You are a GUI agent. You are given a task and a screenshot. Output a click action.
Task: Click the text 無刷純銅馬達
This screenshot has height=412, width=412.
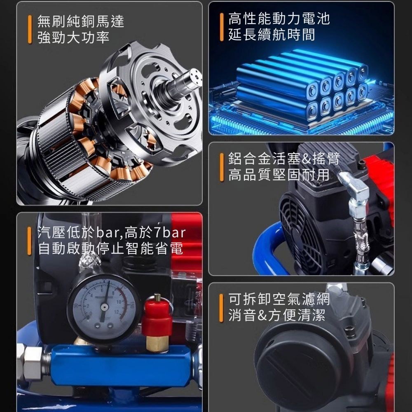[80, 21]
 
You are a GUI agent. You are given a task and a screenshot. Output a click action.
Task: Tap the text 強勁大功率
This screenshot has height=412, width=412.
[73, 37]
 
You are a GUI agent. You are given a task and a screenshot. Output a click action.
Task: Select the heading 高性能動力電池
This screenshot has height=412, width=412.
[279, 19]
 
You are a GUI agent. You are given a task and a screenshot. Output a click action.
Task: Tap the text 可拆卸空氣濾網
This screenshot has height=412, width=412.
[279, 300]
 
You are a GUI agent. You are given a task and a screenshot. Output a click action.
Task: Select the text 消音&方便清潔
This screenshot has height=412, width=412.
[277, 316]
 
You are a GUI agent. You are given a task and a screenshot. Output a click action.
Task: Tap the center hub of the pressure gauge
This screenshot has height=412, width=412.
[104, 307]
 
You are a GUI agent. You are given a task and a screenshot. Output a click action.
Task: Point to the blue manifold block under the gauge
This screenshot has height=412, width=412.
[119, 365]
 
